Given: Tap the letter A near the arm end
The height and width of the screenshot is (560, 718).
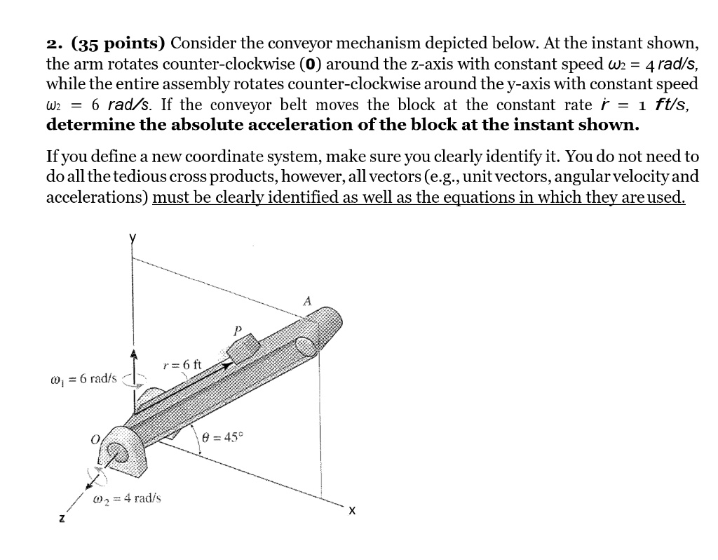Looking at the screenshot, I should point(306,302).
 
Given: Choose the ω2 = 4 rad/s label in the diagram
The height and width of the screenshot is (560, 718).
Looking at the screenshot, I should point(127,498).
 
